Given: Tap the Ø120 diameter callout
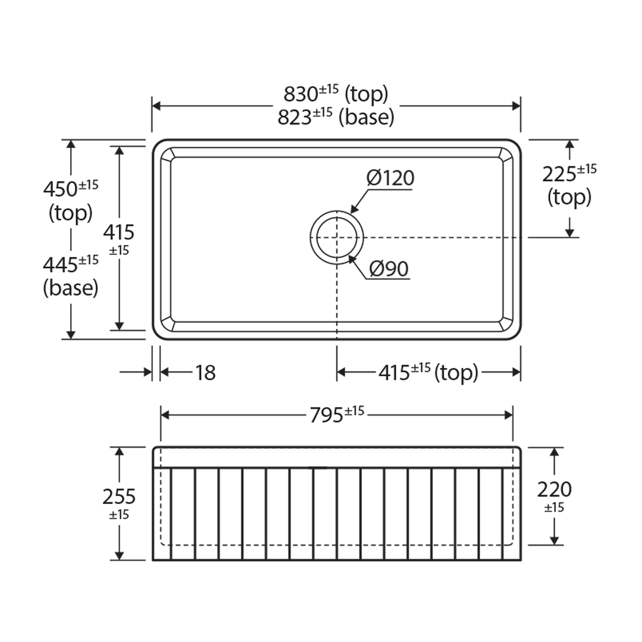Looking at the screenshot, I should (x=390, y=178).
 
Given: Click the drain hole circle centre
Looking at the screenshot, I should (x=337, y=237).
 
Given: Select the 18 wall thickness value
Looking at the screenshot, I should (x=205, y=373).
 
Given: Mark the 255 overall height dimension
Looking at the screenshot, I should (x=119, y=496).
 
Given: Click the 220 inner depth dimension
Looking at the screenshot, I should (x=554, y=490).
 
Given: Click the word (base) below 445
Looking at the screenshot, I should (x=70, y=288).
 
